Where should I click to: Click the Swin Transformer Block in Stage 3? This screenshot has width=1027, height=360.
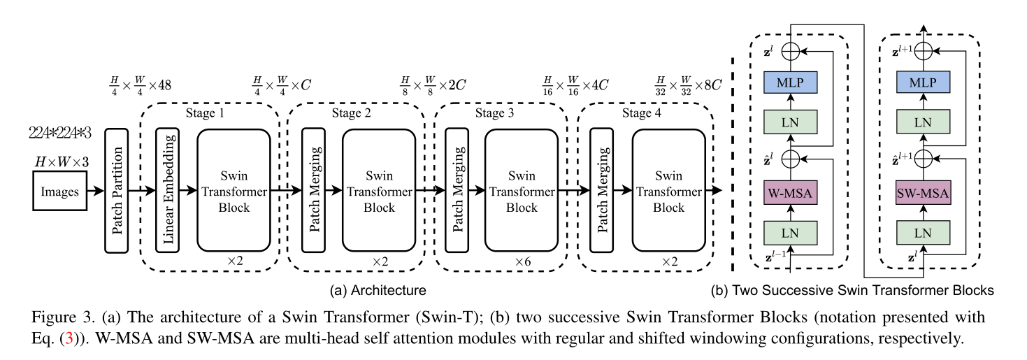coord(522,189)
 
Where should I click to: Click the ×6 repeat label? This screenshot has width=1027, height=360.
coord(522,261)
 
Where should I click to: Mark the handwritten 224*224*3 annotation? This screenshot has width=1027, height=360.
coord(59,133)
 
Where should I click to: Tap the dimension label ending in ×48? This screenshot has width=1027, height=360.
coord(136,85)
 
